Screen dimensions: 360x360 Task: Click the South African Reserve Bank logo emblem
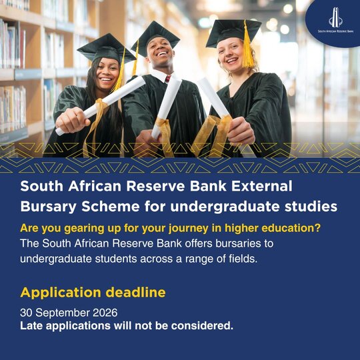click(335, 17)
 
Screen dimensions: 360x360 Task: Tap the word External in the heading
click(261, 186)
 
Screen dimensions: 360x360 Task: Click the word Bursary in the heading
click(48, 207)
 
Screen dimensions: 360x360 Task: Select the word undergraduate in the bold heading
click(225, 207)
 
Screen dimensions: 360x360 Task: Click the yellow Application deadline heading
click(93, 293)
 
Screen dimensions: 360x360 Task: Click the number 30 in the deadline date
click(26, 313)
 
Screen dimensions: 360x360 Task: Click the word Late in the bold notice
click(31, 326)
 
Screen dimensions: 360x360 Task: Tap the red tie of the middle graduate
click(168, 79)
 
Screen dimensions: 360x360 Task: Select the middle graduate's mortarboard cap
click(155, 39)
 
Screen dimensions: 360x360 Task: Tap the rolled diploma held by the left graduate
click(101, 105)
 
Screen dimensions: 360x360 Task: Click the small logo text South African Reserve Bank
click(335, 31)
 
